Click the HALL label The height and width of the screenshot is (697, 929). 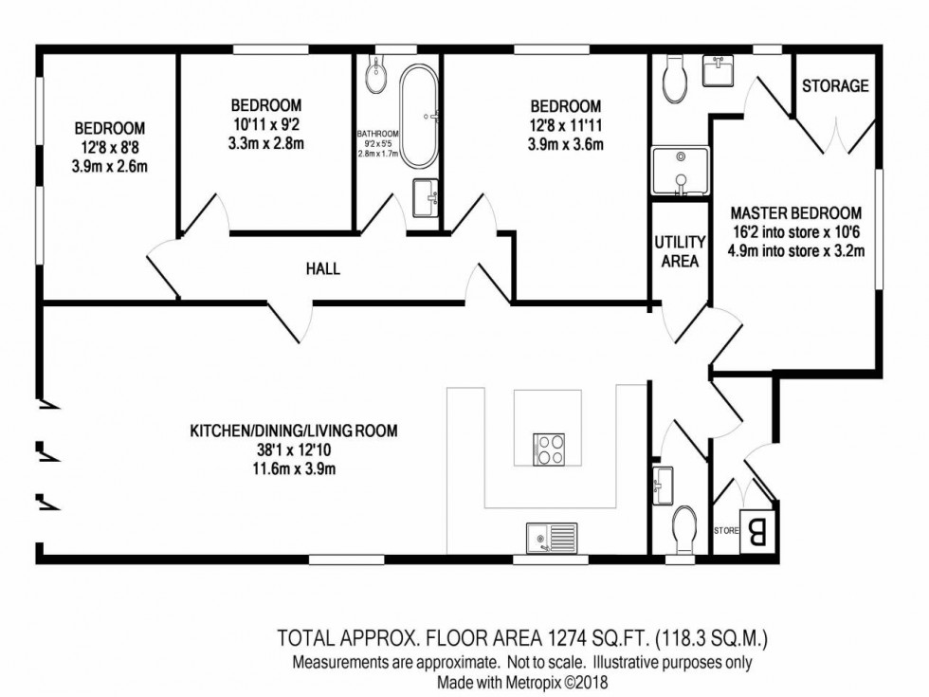pyautogui.click(x=322, y=268)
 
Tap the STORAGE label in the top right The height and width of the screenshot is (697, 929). pyautogui.click(x=834, y=85)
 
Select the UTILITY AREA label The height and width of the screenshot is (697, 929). pyautogui.click(x=679, y=251)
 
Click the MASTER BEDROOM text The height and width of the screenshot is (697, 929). pyautogui.click(x=796, y=213)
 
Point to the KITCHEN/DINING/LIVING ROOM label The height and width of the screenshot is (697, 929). pyautogui.click(x=294, y=431)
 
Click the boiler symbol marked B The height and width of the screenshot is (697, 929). pyautogui.click(x=759, y=529)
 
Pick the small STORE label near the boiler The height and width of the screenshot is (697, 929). pyautogui.click(x=725, y=531)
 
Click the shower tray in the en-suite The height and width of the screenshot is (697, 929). pyautogui.click(x=679, y=171)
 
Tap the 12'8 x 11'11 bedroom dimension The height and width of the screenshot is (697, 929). pyautogui.click(x=565, y=125)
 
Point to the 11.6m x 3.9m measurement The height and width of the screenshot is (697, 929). pyautogui.click(x=294, y=468)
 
